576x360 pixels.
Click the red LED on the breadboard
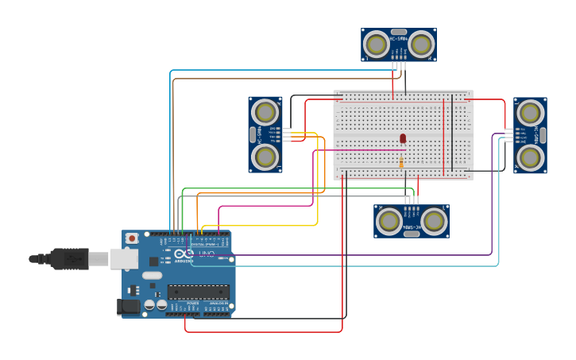[x=403, y=138]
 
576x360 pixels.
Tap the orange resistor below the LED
[x=401, y=162]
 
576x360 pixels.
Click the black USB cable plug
[x=70, y=258]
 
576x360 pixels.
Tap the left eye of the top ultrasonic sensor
[x=377, y=45]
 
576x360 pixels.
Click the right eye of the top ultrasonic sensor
[x=421, y=45]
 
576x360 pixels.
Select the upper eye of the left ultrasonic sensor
[x=265, y=112]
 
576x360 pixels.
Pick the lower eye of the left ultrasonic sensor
[x=265, y=157]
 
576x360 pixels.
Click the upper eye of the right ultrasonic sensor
[x=530, y=112]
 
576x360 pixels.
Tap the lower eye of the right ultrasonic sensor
[x=530, y=157]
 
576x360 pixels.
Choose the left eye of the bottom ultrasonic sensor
[x=389, y=221]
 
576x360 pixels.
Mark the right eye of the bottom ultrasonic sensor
[x=434, y=221]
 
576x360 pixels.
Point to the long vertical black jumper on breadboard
[x=452, y=132]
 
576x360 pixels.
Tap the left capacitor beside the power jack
[x=149, y=305]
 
